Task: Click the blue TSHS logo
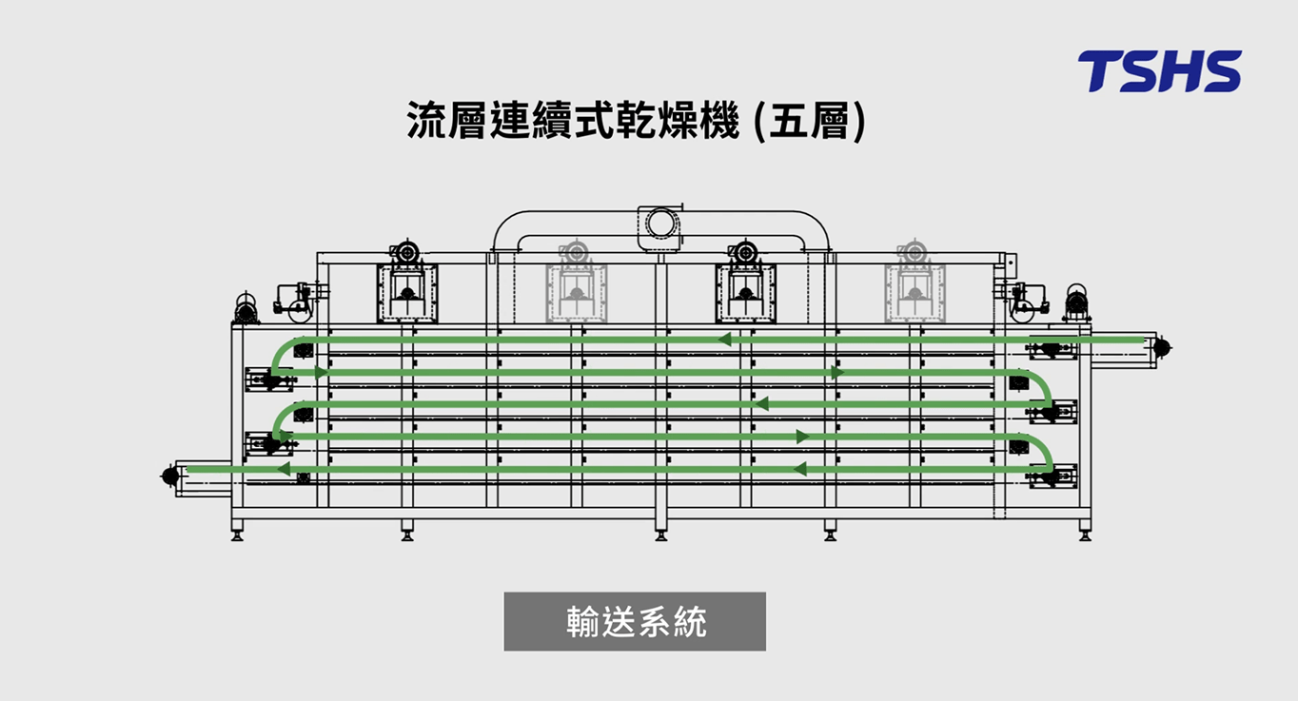pyautogui.click(x=1159, y=71)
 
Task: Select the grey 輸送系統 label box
pyautogui.click(x=635, y=622)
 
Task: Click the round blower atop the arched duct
pyautogui.click(x=659, y=223)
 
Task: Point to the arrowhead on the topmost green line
pyautogui.click(x=725, y=340)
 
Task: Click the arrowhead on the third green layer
pyautogui.click(x=760, y=404)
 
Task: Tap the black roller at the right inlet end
pyautogui.click(x=1161, y=349)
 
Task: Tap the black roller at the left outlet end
pyautogui.click(x=171, y=475)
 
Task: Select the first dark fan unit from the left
pyautogui.click(x=407, y=285)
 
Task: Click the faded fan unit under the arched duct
pyautogui.click(x=576, y=285)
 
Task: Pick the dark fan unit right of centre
pyautogui.click(x=745, y=285)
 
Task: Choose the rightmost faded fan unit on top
pyautogui.click(x=914, y=285)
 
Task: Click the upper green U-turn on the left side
pyautogui.click(x=278, y=358)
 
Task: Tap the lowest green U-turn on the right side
pyautogui.click(x=1044, y=455)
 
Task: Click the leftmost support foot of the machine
pyautogui.click(x=237, y=535)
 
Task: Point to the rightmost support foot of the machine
pyautogui.click(x=1085, y=535)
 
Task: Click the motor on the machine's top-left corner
pyautogui.click(x=247, y=307)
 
